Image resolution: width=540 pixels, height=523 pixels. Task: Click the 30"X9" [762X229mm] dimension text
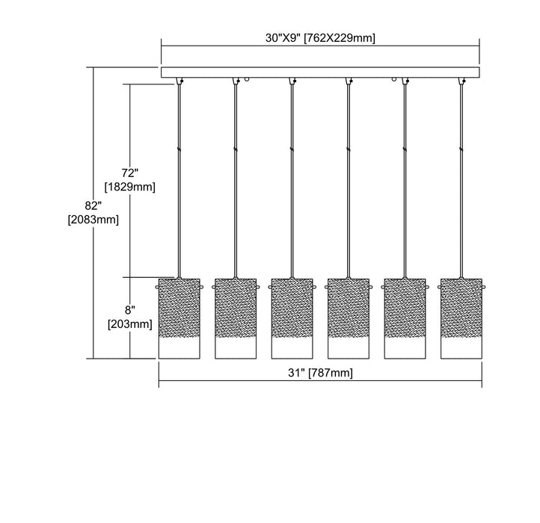coord(320,38)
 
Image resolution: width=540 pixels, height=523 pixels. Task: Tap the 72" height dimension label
coord(130,173)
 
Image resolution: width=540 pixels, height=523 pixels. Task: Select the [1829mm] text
coord(130,187)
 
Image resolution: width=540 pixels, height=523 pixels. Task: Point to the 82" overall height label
coord(93,205)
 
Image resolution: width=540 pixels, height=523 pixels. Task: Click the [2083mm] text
coord(93,220)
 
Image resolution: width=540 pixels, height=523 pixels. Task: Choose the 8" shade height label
coord(130,310)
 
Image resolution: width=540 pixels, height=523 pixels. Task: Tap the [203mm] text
coord(130,324)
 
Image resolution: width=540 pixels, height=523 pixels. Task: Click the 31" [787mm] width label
coord(320,373)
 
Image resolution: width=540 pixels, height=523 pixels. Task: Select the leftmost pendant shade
coord(179,318)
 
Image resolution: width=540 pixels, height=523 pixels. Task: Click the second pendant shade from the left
coord(236,318)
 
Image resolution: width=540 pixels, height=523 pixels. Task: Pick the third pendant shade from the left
coord(292,318)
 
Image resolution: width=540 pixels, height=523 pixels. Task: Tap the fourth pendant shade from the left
coord(349,318)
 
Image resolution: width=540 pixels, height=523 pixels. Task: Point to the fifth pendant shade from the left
coord(405,318)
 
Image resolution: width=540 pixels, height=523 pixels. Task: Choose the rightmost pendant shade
coord(461,318)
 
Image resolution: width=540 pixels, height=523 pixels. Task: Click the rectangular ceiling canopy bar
coord(320,72)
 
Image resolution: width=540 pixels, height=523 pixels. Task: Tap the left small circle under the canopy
coord(247,79)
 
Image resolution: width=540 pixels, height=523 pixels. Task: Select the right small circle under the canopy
coord(394,79)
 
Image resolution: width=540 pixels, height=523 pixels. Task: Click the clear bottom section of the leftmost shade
coord(179,348)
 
